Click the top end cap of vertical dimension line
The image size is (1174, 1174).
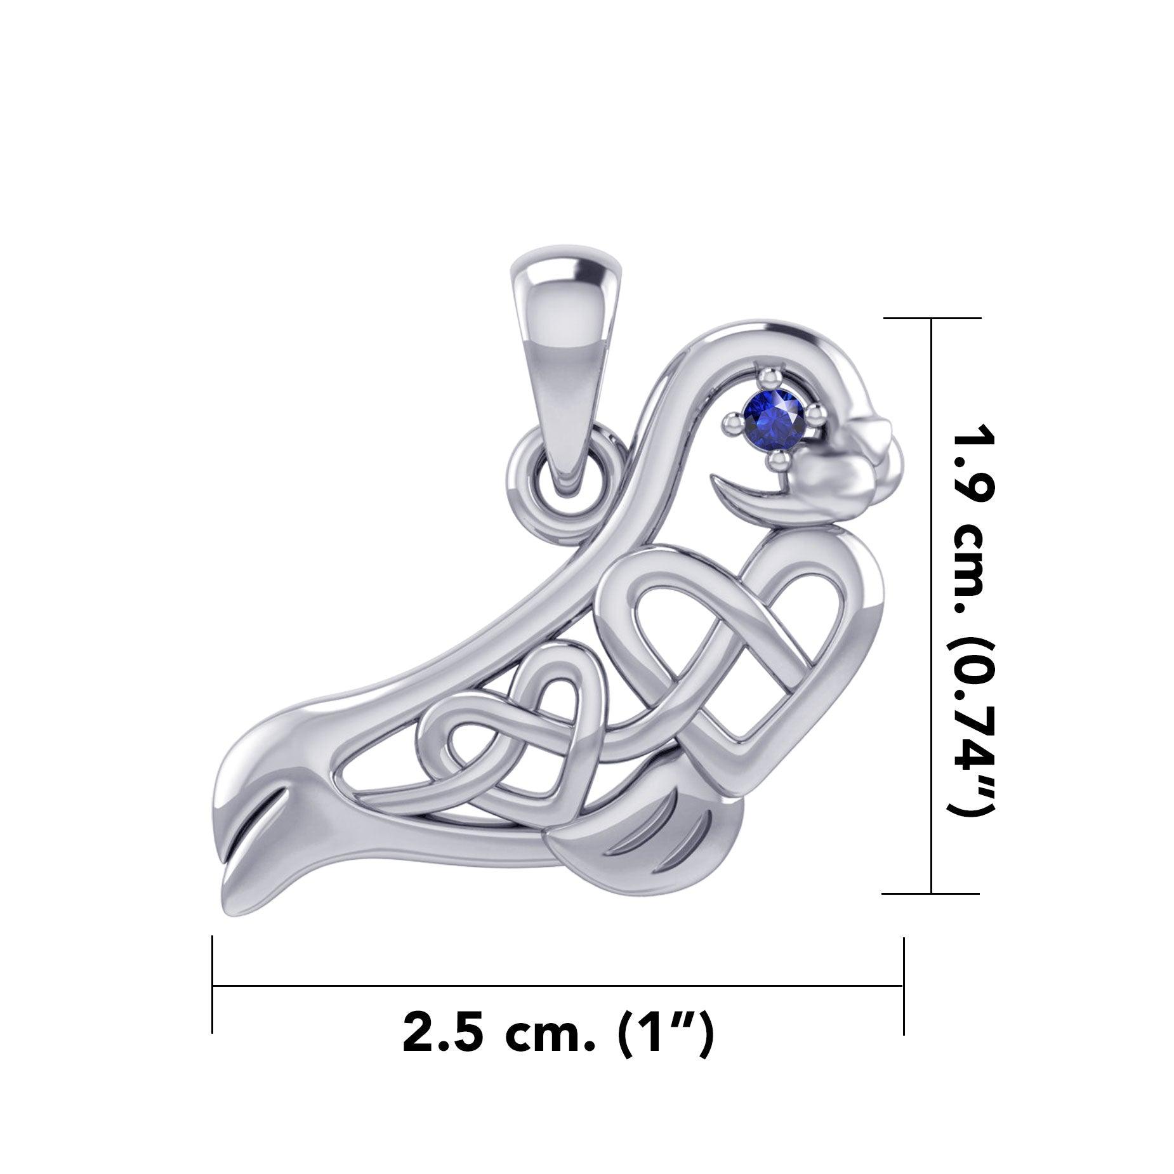tap(932, 318)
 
